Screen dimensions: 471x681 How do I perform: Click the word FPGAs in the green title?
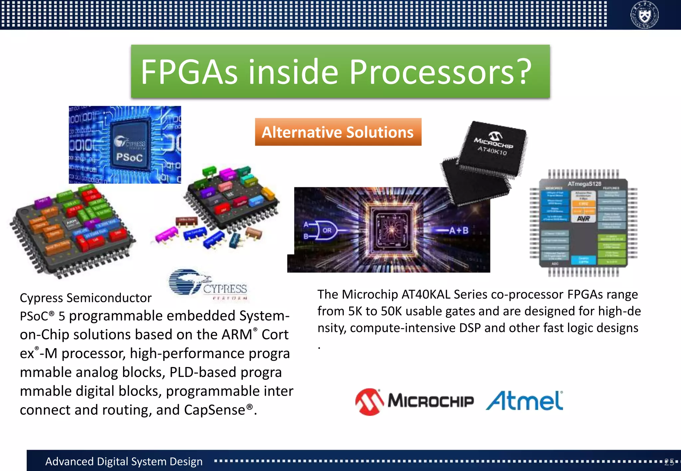coord(189,72)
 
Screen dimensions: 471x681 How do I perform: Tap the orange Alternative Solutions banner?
coord(338,132)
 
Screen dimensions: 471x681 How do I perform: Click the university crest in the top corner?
coord(644,15)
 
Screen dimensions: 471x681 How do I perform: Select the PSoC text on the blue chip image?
coord(129,157)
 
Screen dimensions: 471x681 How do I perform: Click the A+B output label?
coord(459,230)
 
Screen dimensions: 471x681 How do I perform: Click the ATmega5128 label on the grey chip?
coord(584,184)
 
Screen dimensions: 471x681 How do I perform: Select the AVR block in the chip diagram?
coord(584,218)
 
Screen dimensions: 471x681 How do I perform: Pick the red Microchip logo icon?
coord(369,402)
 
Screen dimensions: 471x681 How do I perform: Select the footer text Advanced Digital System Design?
coord(124,461)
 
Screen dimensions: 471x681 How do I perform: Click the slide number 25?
coord(669,462)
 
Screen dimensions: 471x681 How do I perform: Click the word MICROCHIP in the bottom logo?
coord(431,401)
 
